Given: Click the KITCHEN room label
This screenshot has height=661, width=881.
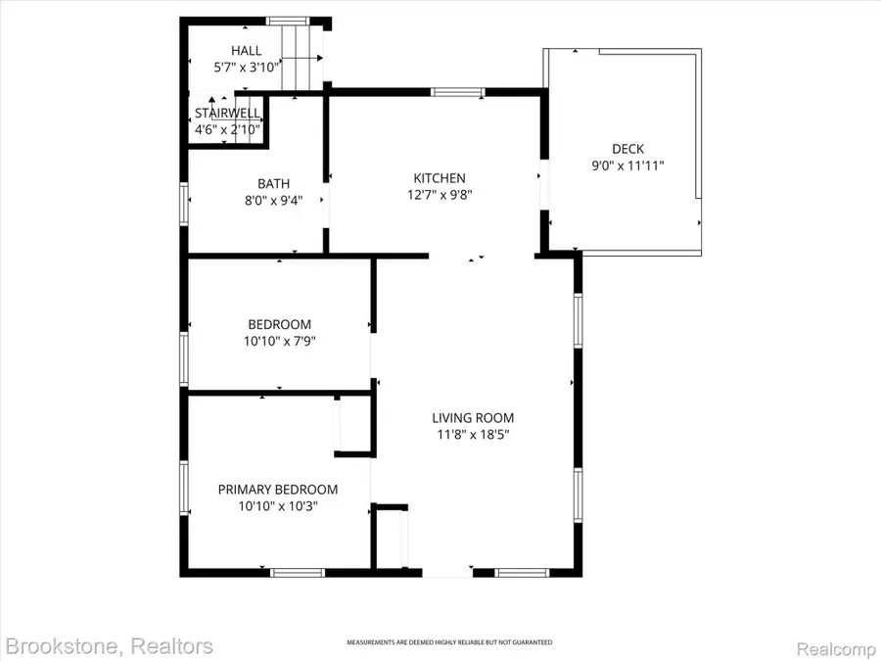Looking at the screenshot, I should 439,178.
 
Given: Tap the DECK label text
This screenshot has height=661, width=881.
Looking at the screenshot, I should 627,149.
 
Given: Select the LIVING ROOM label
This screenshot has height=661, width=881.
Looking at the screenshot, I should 477,416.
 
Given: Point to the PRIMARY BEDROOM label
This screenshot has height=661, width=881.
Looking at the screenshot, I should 278,490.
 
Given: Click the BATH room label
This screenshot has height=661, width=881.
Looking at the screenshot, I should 273,183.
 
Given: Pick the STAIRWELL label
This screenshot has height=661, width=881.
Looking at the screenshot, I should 227,114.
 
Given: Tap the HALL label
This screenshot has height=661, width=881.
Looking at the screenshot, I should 247,51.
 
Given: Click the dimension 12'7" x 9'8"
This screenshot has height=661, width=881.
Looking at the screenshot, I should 439,195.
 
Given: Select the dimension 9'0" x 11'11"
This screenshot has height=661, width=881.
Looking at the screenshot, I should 627,165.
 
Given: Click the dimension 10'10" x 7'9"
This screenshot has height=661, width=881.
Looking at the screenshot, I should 280,341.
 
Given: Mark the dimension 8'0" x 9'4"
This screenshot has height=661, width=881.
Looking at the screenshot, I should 273,200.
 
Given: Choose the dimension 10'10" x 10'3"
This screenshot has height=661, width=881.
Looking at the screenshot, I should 278,506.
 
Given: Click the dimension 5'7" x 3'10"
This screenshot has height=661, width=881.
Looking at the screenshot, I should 247,68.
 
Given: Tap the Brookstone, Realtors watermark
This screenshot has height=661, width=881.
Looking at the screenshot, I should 109,645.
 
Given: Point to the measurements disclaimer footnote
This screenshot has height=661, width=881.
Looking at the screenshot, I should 449,642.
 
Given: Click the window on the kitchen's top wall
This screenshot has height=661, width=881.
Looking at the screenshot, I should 457,93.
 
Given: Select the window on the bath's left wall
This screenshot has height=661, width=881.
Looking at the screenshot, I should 183,205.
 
